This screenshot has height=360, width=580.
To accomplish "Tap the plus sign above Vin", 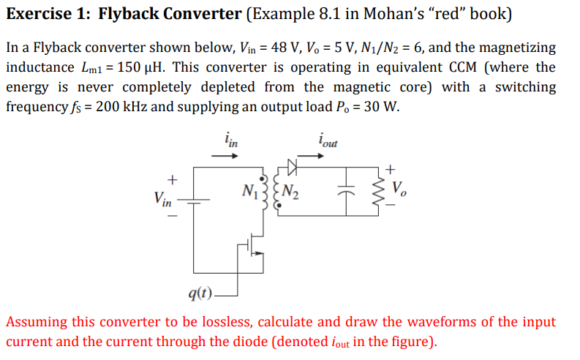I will coord(173,178).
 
